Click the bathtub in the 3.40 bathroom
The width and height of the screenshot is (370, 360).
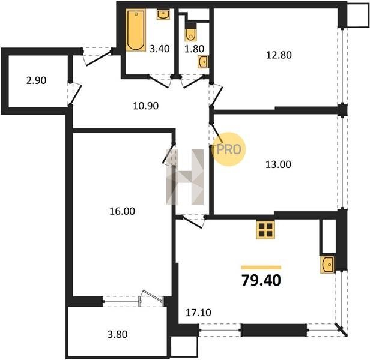[x=136, y=30]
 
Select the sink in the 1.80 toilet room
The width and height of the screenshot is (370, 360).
[x=203, y=62]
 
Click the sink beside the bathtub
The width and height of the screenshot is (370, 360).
[x=163, y=14]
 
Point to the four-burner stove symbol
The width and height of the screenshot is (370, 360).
[x=265, y=230]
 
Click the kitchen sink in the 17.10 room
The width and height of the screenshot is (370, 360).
[x=327, y=265]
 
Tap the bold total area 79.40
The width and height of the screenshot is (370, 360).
[x=261, y=280]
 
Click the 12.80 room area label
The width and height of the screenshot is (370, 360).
[x=279, y=55]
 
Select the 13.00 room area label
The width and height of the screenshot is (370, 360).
[x=278, y=164]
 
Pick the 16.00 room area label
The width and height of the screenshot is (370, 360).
[x=123, y=211]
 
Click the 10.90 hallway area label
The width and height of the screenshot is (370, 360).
[x=145, y=106]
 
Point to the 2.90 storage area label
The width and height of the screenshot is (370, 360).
[x=36, y=80]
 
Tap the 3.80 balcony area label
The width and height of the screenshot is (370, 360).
[x=117, y=334]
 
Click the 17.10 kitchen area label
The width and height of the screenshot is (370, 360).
[x=198, y=313]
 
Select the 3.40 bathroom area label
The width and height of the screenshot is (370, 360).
[x=160, y=49]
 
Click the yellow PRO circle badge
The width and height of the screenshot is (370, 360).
[x=229, y=149]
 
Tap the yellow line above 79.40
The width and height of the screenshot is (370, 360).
[x=261, y=268]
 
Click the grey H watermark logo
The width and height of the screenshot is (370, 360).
[x=185, y=177]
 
